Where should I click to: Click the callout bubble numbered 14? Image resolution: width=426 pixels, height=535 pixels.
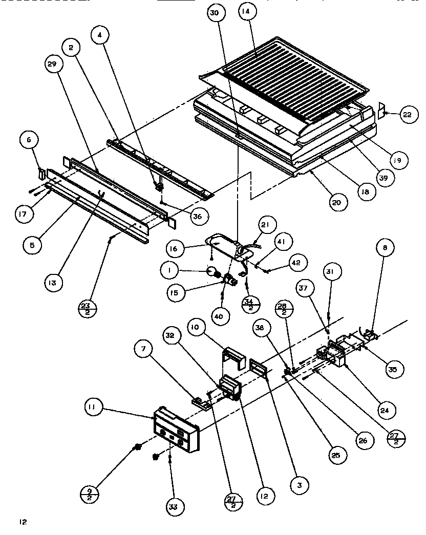[247, 13]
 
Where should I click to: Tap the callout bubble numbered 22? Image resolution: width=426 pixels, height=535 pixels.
[407, 115]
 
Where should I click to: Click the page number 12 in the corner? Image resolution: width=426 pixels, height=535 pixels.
[22, 522]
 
